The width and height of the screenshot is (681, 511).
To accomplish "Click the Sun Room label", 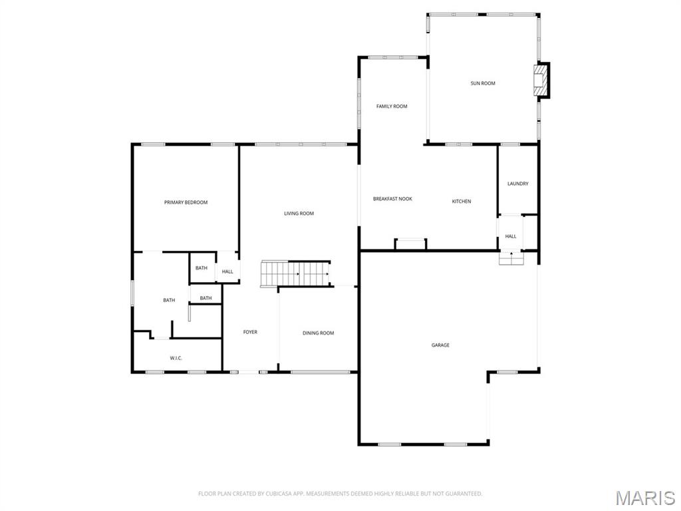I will (x=483, y=83).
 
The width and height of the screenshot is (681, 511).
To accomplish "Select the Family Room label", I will (x=392, y=106).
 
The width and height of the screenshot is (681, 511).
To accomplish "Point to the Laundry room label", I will (x=517, y=184).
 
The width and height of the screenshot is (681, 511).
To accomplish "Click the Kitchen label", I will (x=462, y=202).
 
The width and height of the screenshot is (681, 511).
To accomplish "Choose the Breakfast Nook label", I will (x=392, y=199).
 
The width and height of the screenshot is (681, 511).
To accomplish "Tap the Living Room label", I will (x=299, y=214).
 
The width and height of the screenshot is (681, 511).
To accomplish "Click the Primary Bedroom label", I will (x=186, y=202).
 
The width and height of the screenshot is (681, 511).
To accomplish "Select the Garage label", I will (x=440, y=345).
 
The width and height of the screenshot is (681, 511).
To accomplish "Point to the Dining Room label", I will (x=318, y=333).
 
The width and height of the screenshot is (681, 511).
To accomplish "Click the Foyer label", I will (x=250, y=332).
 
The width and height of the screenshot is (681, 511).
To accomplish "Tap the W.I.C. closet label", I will (x=176, y=358).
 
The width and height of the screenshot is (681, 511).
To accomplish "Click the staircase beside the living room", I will (x=295, y=273).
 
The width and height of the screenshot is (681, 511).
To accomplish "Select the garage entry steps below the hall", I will (x=511, y=258).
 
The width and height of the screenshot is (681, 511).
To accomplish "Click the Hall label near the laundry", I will (x=511, y=236).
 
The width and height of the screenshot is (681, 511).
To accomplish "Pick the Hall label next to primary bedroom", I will (x=227, y=271).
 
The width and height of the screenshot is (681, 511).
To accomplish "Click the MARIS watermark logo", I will (x=645, y=498).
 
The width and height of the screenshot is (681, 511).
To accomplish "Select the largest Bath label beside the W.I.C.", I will (x=169, y=300).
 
